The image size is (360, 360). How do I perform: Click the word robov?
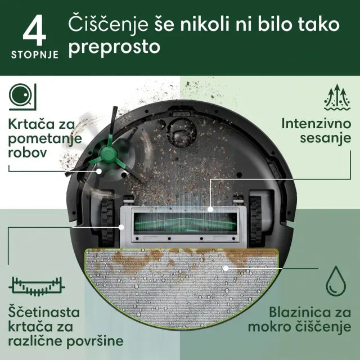(x=29, y=152)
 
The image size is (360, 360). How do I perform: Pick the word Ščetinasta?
(x=44, y=311)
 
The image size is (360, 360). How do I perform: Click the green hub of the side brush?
(x=105, y=152)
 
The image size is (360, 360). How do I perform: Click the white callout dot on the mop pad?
(x=225, y=268)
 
